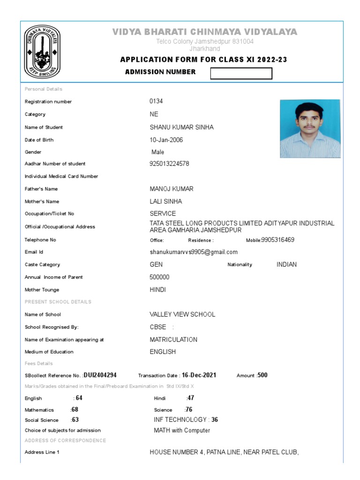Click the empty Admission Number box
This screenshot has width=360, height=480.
click(x=241, y=74)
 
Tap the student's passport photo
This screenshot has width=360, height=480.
click(x=310, y=128)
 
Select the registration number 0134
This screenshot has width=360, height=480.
click(x=156, y=101)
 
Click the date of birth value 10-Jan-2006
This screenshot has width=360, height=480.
click(x=166, y=140)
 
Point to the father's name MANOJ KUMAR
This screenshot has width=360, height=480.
click(x=171, y=189)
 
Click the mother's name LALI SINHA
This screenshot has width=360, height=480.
click(x=165, y=202)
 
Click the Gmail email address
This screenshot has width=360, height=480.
click(x=194, y=252)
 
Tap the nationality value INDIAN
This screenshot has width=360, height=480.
click(x=286, y=264)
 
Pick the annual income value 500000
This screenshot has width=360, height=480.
click(x=159, y=277)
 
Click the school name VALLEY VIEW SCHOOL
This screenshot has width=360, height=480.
click(x=182, y=315)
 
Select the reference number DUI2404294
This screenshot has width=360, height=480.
click(x=100, y=375)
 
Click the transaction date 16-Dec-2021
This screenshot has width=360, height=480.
click(x=199, y=375)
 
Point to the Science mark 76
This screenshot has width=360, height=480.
click(x=189, y=409)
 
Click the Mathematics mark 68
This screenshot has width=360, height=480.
click(x=75, y=409)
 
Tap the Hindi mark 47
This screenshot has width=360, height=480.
click(x=190, y=398)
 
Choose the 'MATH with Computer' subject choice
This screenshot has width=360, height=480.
click(x=182, y=430)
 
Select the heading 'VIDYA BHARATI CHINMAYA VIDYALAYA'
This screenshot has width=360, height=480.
click(x=204, y=32)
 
